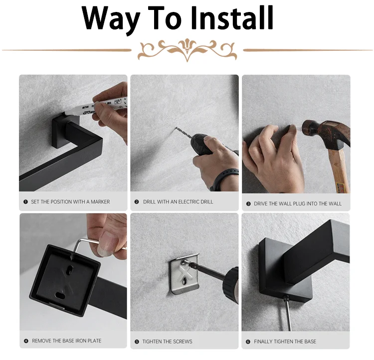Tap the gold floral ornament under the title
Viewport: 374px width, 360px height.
[x=187, y=50]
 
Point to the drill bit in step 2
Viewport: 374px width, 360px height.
[x=184, y=133]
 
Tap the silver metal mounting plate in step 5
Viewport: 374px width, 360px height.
[x=184, y=274]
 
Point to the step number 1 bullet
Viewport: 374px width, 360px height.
[x=26, y=202]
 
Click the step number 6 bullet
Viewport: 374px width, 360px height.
[x=248, y=342]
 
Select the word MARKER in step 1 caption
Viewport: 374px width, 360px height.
[x=100, y=202]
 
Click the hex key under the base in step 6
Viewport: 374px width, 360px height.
[x=288, y=313]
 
